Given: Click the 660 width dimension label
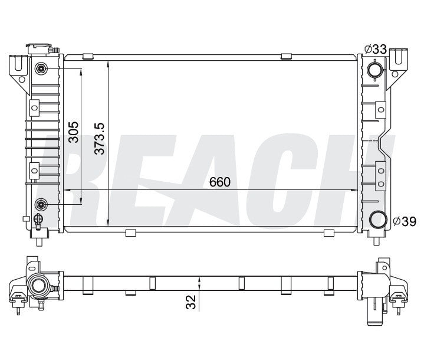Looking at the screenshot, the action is (219, 182).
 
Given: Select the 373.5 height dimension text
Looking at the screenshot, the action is (100, 139).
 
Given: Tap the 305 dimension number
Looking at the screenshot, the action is (73, 132).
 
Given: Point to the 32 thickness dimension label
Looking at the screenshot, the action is (191, 302).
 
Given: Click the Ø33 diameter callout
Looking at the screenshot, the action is (376, 49).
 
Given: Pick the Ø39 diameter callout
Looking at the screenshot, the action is (405, 221).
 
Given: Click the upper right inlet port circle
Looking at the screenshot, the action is (375, 70).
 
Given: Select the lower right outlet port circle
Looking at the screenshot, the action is (377, 220).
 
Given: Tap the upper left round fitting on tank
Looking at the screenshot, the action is (41, 68).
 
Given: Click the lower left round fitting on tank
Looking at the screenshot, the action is (41, 204).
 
